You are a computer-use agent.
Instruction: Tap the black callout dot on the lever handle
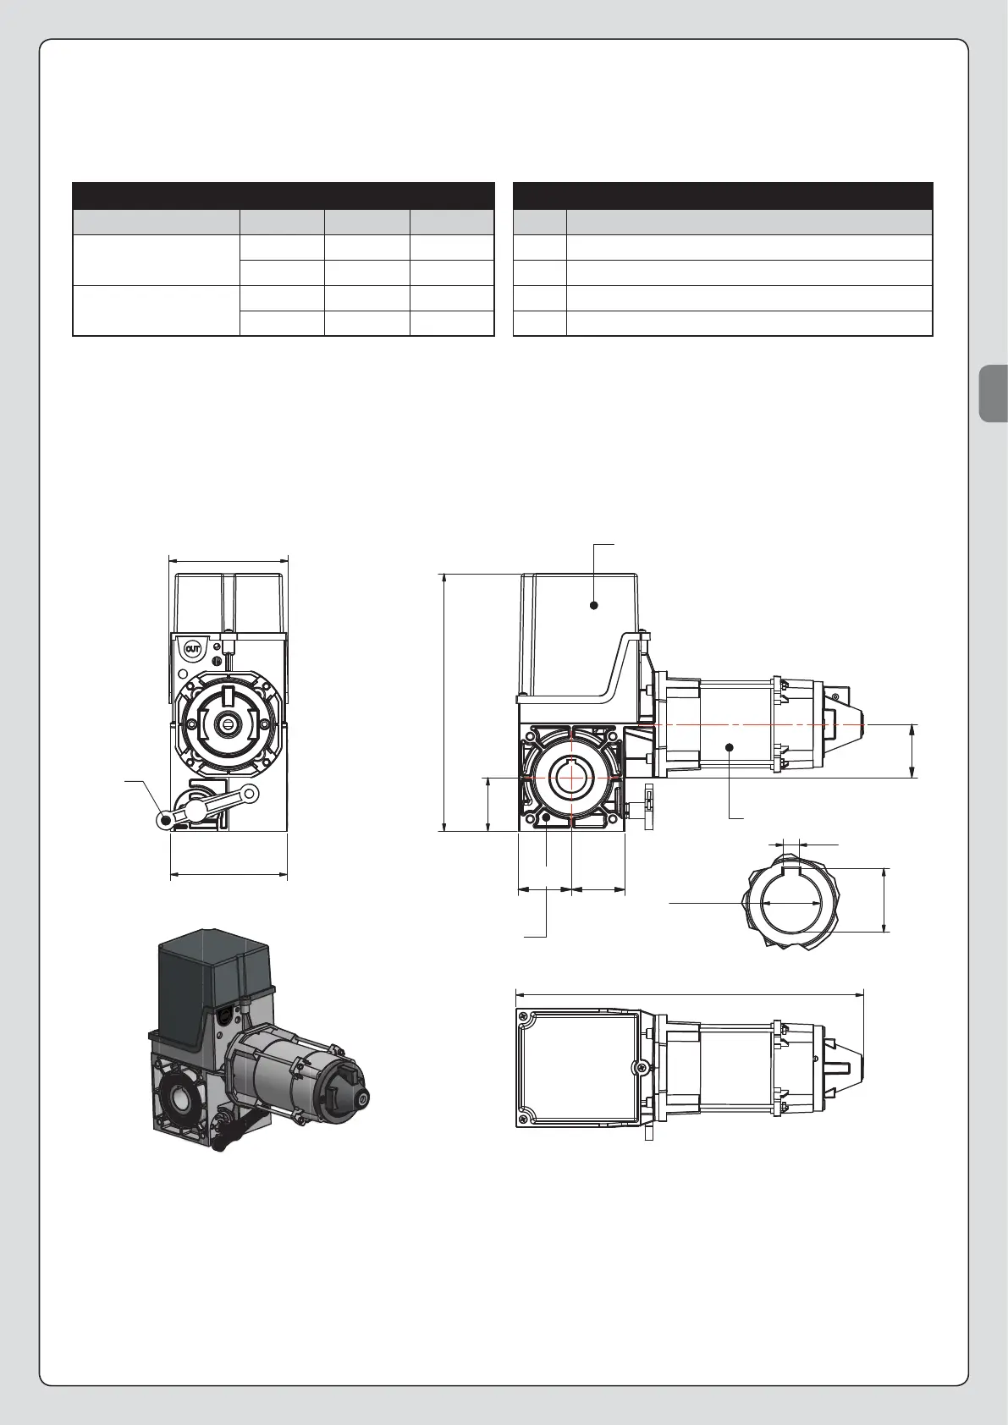pos(167,821)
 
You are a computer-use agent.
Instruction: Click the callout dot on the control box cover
pos(594,605)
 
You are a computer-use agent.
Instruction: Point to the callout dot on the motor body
pos(730,746)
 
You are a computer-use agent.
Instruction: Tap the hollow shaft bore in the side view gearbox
pos(572,778)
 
